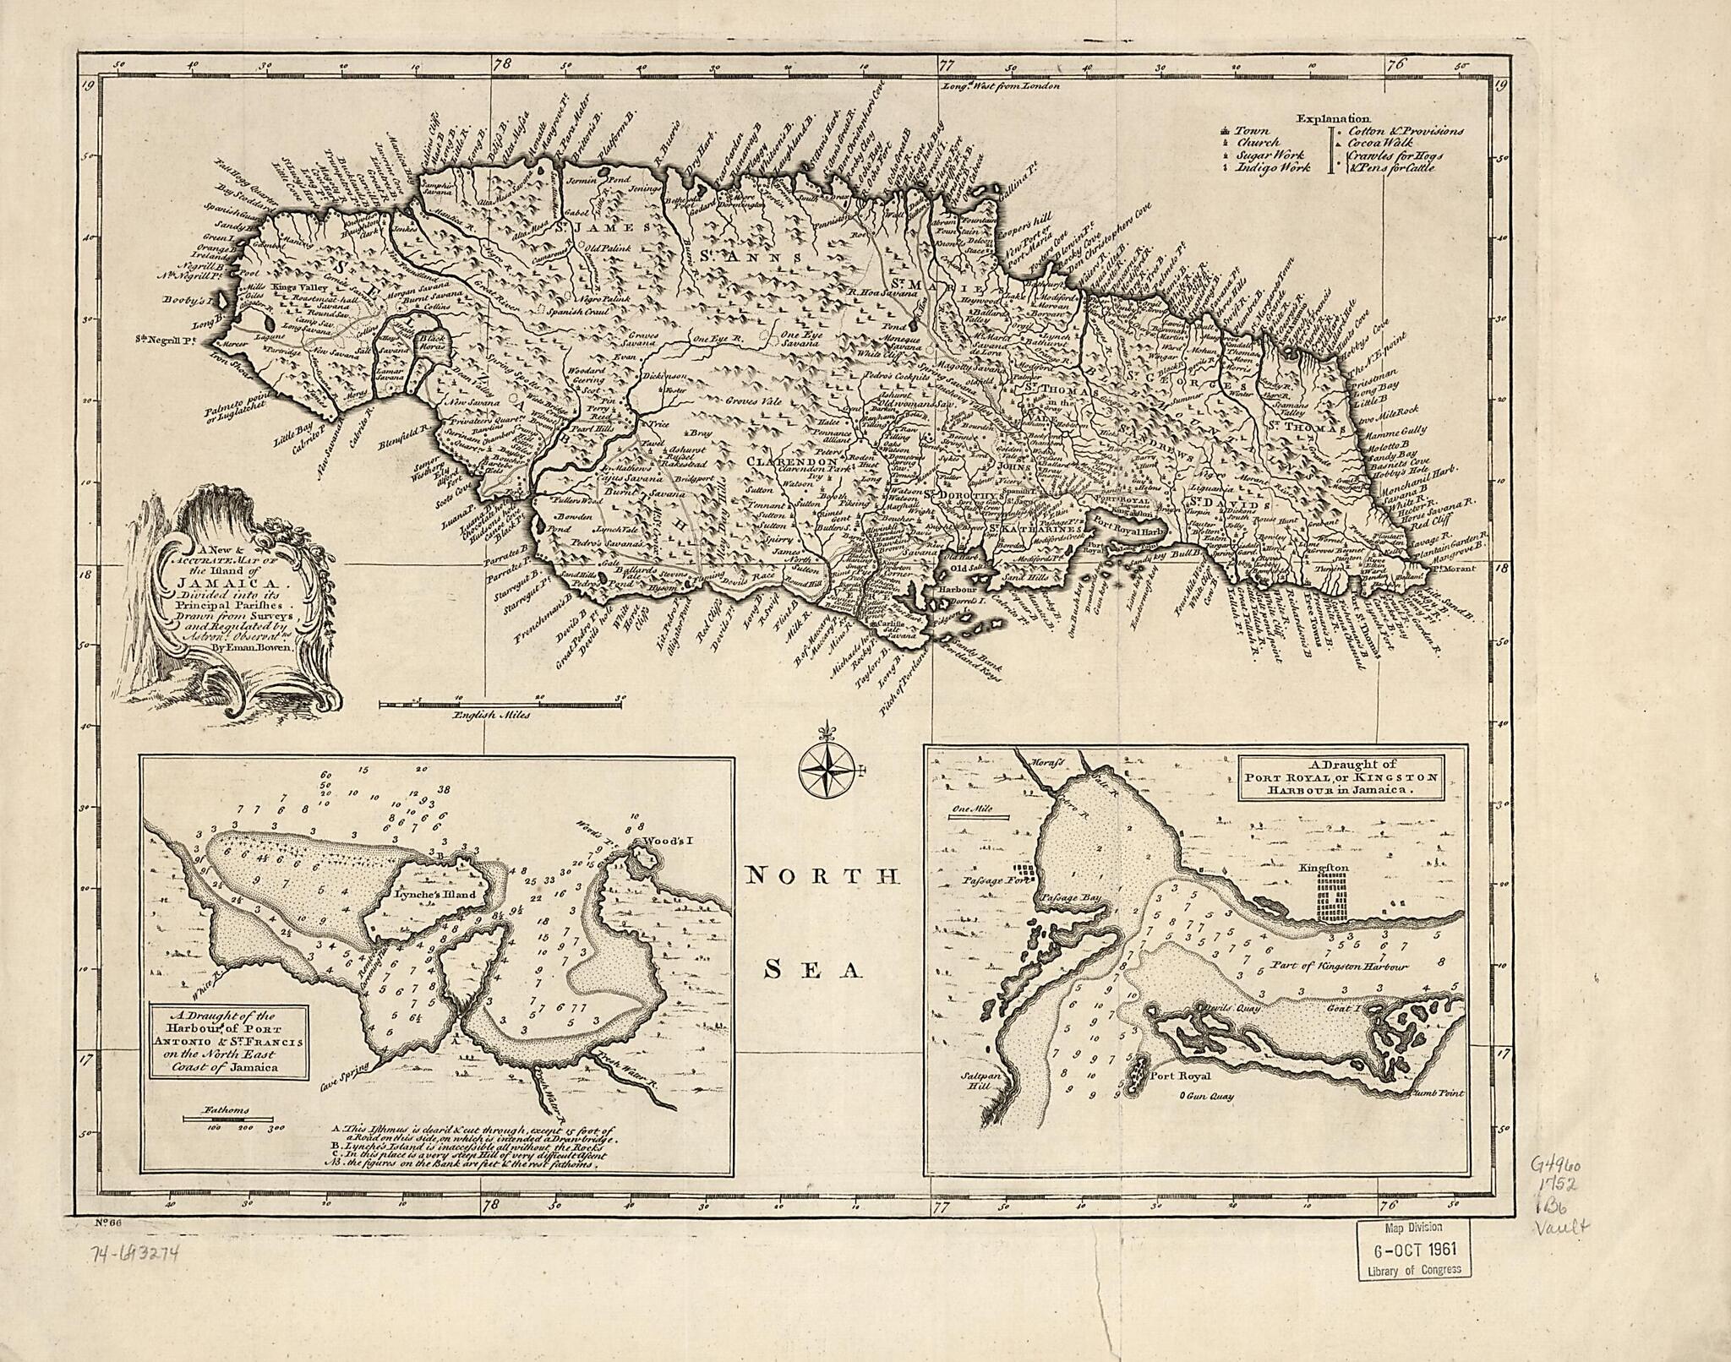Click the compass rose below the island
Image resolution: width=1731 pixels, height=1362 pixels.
[826, 766]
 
